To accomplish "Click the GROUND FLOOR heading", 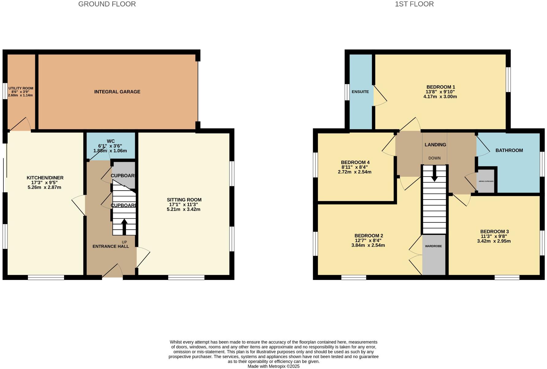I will (107, 4).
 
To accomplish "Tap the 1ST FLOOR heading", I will (414, 4).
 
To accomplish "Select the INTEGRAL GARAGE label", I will (117, 91).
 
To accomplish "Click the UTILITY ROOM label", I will (21, 88).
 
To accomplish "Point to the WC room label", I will (110, 141).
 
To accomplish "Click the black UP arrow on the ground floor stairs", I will (124, 227).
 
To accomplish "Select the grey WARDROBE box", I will (434, 255).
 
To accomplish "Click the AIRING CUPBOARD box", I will (486, 181).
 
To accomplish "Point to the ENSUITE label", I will (360, 92).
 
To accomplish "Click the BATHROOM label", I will (509, 150).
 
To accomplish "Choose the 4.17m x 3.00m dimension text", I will (440, 96).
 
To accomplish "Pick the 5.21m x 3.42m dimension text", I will (183, 209).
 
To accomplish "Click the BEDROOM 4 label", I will (355, 162).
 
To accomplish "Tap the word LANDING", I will (435, 145).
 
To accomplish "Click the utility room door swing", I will (20, 124).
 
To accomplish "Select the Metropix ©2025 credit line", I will (273, 366).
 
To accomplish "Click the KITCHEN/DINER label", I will (45, 178).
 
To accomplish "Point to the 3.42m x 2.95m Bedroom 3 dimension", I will (494, 241).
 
